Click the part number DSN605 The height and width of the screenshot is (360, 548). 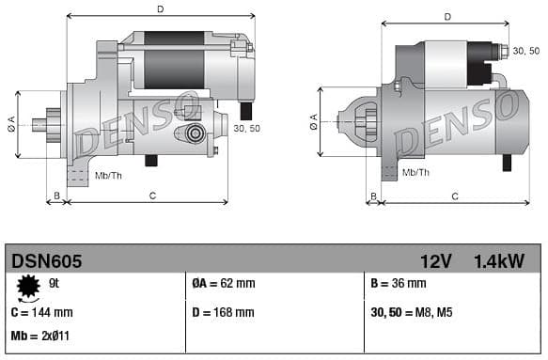(x=47, y=260)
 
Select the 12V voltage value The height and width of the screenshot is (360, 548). (x=436, y=260)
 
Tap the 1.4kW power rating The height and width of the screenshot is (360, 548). (x=499, y=260)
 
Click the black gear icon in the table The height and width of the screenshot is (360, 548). (x=28, y=284)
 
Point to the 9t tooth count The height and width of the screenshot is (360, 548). (x=55, y=283)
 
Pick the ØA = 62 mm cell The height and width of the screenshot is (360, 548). (x=223, y=283)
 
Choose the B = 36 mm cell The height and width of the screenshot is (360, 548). (x=399, y=283)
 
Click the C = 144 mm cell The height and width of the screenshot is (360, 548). (x=42, y=311)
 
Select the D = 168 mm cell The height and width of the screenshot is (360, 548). (x=223, y=311)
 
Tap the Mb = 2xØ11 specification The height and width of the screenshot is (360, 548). (x=41, y=336)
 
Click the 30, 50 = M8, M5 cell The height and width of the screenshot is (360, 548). (x=412, y=311)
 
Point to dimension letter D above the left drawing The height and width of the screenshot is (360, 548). (x=161, y=9)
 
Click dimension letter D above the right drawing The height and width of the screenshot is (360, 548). (x=447, y=17)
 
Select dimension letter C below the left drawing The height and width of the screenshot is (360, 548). (x=152, y=195)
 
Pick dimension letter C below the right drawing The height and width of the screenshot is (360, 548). (x=455, y=196)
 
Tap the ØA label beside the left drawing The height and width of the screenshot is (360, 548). (x=11, y=121)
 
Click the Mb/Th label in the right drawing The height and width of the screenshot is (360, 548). (x=415, y=173)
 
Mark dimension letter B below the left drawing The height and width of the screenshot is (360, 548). (x=56, y=195)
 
